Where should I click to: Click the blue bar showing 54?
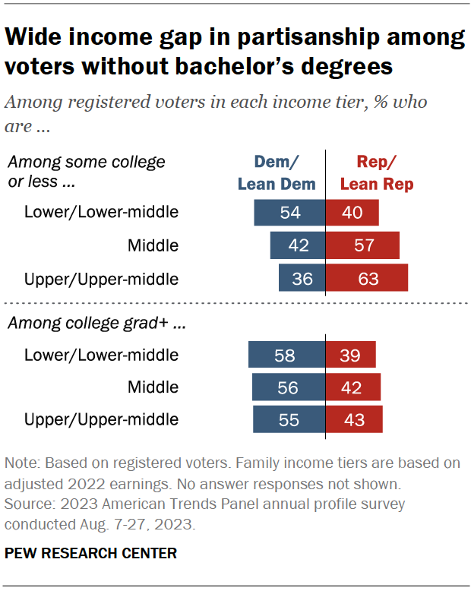[289, 213]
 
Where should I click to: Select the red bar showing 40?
[352, 213]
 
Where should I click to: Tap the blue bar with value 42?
[298, 245]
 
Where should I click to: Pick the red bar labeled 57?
[362, 245]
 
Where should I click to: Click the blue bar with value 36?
[302, 279]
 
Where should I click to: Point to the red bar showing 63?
[367, 279]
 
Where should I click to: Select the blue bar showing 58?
[287, 355]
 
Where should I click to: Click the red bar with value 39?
[351, 355]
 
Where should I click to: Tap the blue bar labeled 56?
[289, 387]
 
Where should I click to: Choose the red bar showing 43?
[354, 419]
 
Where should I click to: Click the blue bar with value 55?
[289, 419]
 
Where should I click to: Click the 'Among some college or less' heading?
[86, 172]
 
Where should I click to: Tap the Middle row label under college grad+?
[153, 387]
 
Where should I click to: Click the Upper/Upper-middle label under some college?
[101, 279]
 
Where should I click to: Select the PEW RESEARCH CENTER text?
[90, 553]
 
